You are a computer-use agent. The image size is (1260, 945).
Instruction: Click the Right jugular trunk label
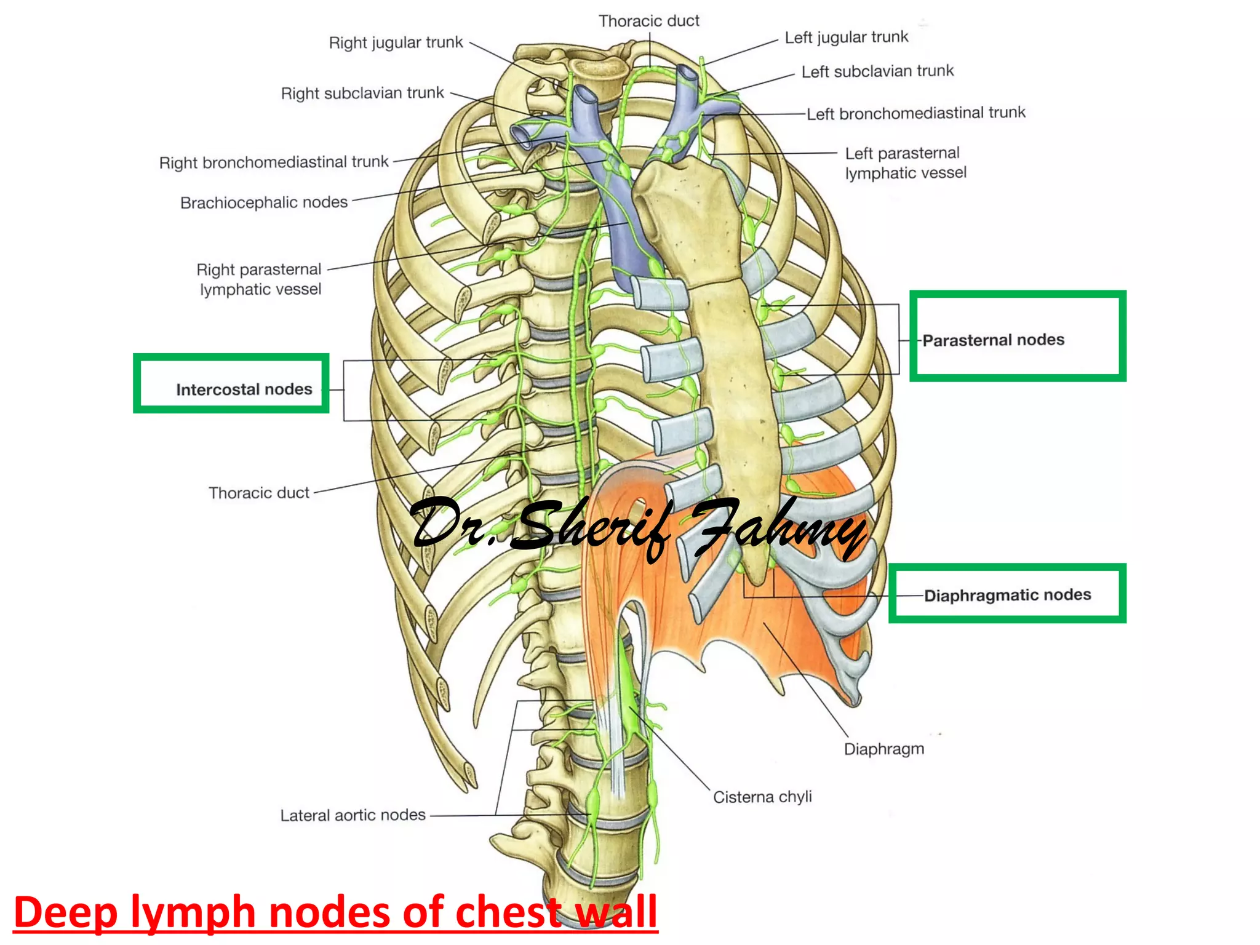click(x=396, y=42)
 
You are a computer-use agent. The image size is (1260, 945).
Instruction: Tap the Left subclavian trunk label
click(x=877, y=71)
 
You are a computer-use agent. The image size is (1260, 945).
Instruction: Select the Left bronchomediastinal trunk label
click(x=916, y=113)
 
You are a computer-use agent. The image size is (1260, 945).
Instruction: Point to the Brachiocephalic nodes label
click(x=264, y=202)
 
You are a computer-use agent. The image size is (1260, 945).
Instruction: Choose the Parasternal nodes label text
click(x=993, y=340)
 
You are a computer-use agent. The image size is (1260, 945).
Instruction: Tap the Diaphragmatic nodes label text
click(x=1007, y=595)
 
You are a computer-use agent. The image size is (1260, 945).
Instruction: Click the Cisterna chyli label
click(x=762, y=797)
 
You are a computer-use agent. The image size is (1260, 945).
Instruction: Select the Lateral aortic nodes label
click(x=353, y=815)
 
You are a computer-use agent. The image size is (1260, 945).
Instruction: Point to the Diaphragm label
click(x=883, y=749)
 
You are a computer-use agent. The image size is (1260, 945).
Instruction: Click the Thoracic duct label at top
click(x=649, y=21)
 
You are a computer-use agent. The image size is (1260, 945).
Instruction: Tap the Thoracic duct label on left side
click(x=259, y=493)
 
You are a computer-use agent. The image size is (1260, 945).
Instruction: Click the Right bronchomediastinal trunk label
click(x=274, y=162)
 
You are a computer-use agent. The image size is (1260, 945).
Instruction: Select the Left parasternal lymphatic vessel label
click(x=905, y=163)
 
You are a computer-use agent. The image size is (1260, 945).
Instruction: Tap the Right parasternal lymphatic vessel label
click(x=259, y=279)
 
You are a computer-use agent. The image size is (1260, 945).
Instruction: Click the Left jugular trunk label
click(x=846, y=38)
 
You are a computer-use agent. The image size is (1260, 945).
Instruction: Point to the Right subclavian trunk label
click(x=362, y=93)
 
